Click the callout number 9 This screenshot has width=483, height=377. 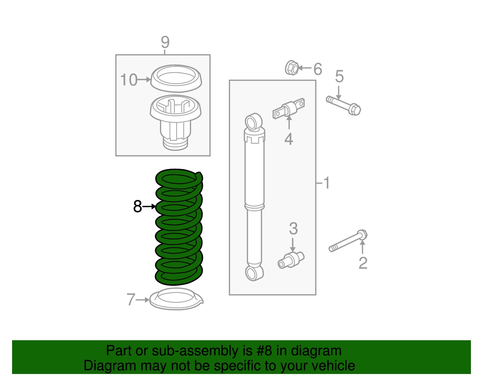coord(165,42)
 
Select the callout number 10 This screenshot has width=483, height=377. coord(129,80)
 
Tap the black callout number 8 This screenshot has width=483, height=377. coord(137,206)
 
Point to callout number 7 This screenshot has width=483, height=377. coord(131,299)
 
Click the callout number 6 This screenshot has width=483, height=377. coord(318,69)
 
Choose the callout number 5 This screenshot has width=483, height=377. coord(339,76)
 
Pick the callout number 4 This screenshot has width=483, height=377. coord(289,139)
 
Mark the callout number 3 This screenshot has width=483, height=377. coord(293,228)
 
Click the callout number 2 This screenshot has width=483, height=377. coord(363,263)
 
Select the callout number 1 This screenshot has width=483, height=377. coord(326,183)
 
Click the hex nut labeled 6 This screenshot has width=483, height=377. coord(292,68)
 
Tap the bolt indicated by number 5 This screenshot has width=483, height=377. coord(344,106)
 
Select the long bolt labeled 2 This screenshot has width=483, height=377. coord(348,241)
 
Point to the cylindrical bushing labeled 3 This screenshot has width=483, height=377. coord(291,260)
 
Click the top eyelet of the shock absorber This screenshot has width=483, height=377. coord(254,122)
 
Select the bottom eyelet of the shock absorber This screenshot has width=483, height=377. coord(254,273)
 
